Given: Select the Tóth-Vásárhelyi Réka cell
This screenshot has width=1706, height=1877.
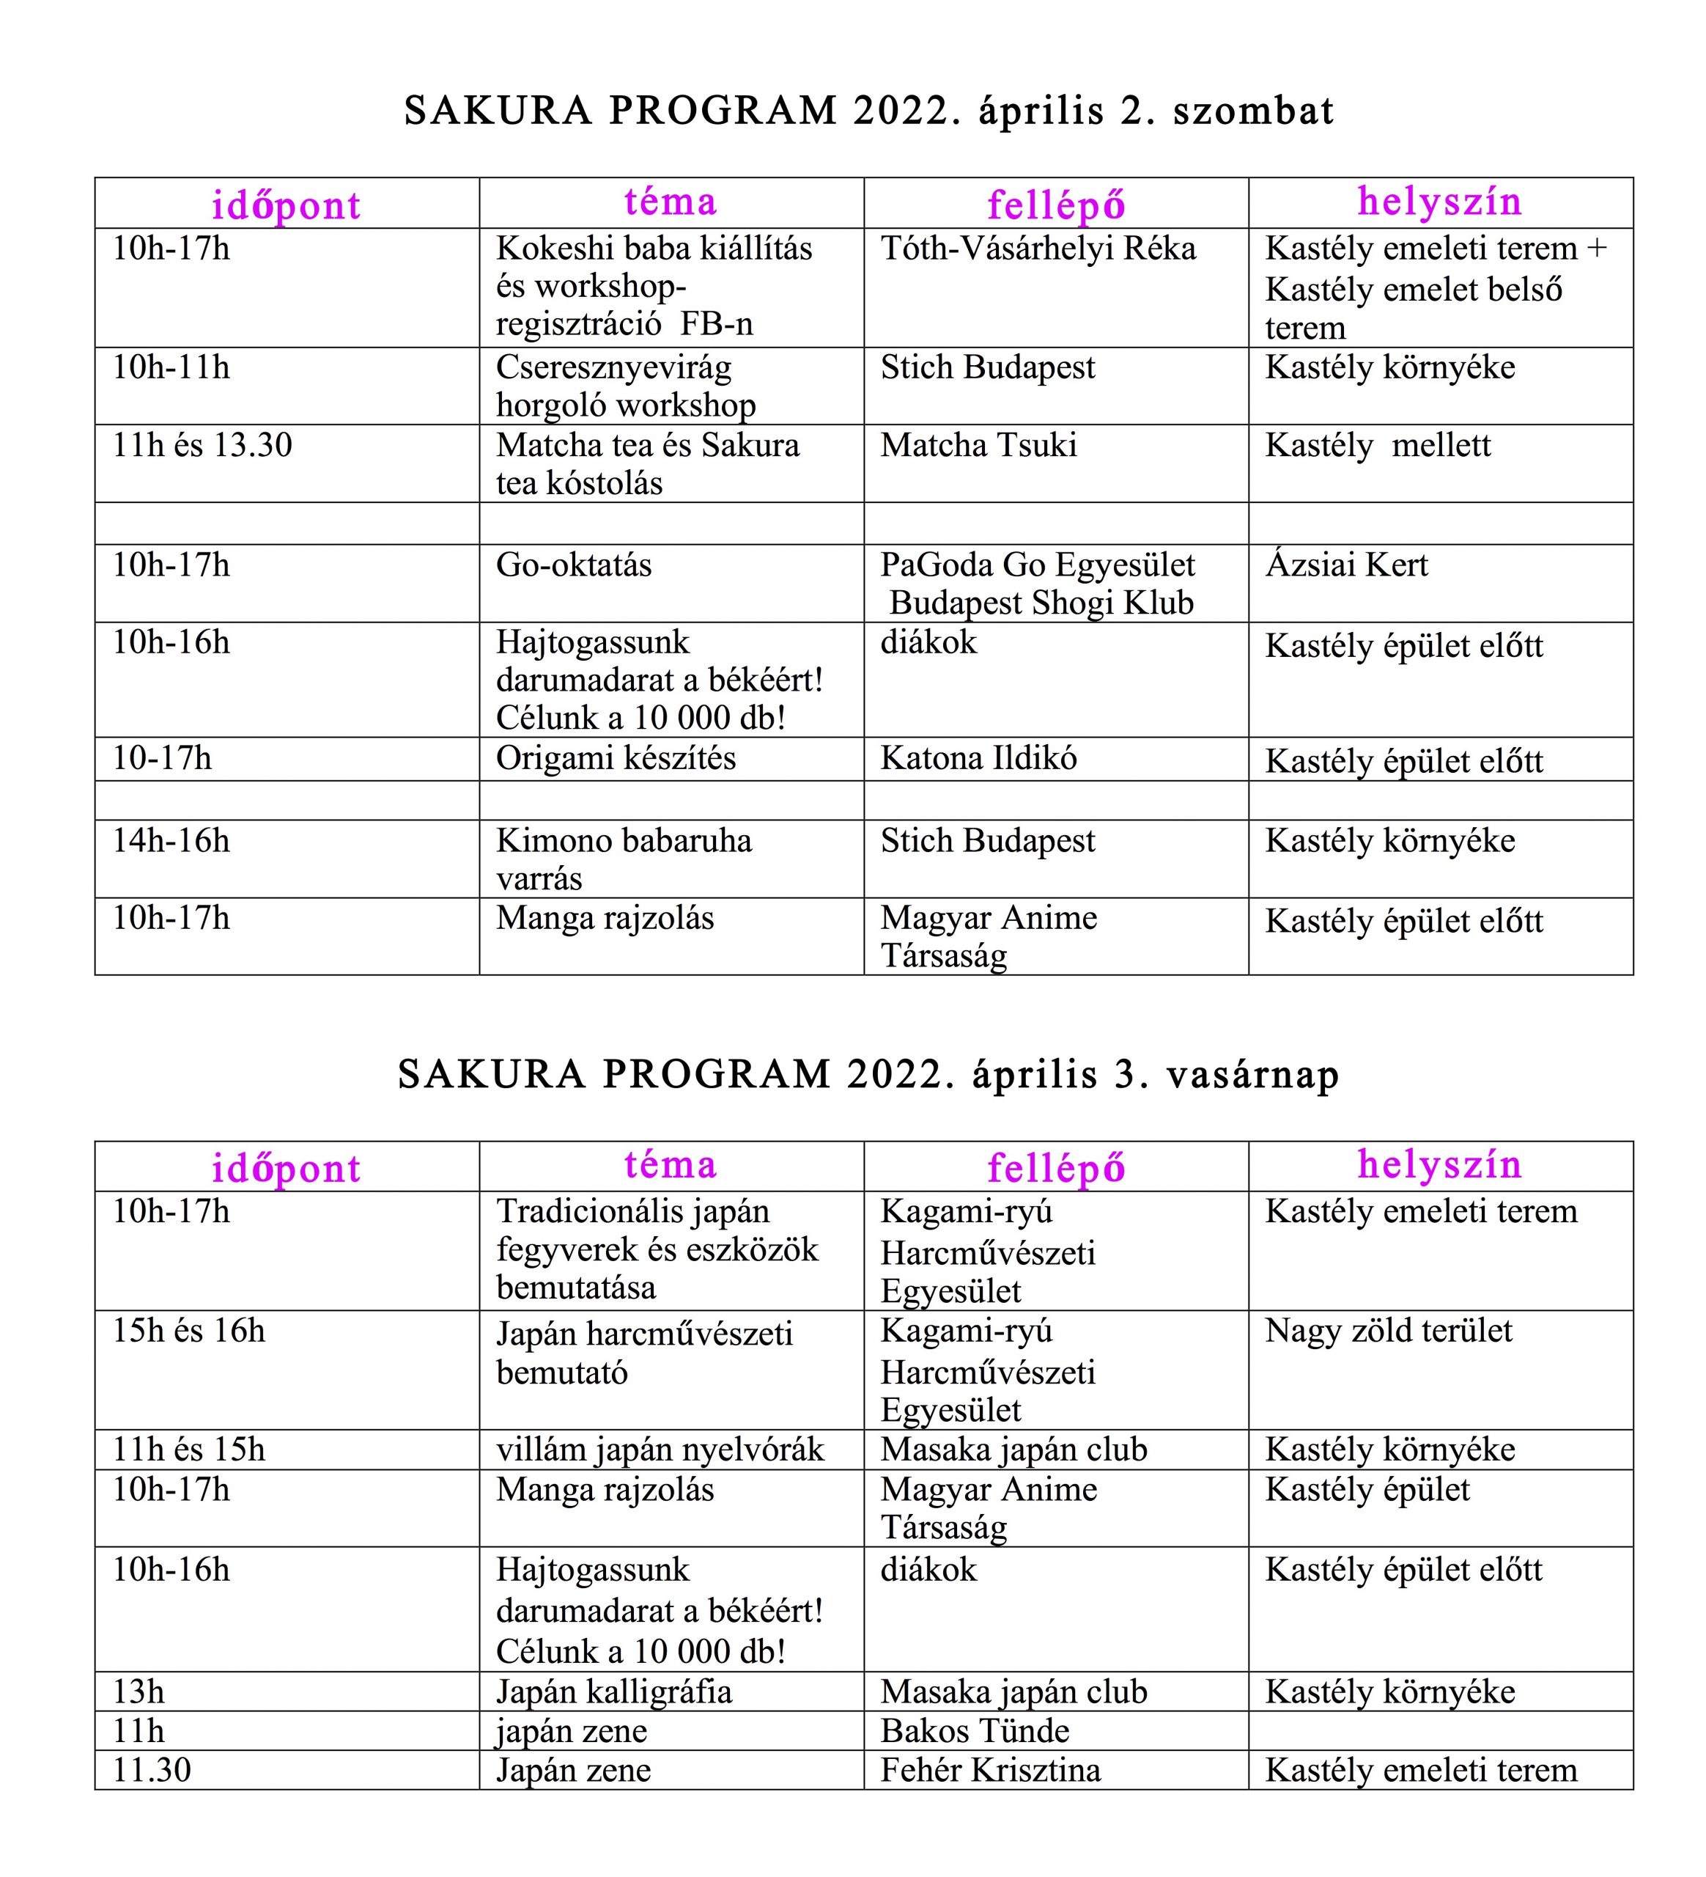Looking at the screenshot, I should click(1038, 249).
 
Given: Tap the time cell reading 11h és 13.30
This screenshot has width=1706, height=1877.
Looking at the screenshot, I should click(202, 445).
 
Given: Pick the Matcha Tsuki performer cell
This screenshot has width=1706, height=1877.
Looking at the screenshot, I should click(978, 445).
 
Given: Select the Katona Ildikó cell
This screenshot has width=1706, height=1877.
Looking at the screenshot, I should click(978, 759).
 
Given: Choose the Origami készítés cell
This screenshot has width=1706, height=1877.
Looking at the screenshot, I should click(616, 759).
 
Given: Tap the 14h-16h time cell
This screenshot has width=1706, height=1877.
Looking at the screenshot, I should click(171, 841).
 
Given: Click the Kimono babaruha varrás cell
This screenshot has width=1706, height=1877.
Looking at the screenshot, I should click(624, 859).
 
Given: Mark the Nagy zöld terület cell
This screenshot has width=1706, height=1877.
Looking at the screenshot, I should click(1388, 1331).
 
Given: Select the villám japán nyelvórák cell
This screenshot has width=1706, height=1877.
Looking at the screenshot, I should click(660, 1450).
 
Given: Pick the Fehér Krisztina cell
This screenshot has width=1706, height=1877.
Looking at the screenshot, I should click(990, 1770).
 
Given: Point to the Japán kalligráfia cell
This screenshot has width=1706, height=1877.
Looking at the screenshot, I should click(613, 1691).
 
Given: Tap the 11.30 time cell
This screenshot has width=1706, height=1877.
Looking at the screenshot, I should click(152, 1770).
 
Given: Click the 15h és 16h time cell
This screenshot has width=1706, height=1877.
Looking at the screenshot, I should click(189, 1331).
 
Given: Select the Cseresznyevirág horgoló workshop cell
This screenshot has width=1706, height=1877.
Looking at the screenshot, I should click(625, 386).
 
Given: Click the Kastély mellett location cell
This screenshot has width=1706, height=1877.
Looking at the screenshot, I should click(1378, 445).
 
